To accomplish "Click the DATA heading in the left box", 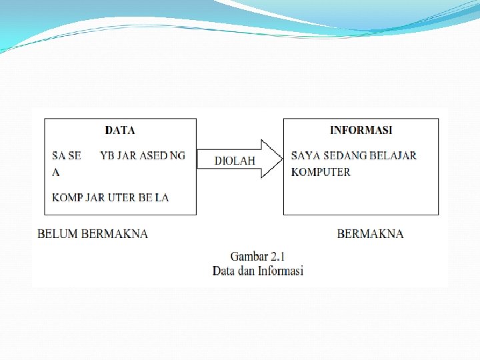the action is (x=120, y=131).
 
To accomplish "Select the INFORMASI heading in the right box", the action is (x=361, y=130).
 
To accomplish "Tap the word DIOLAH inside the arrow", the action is (x=235, y=161).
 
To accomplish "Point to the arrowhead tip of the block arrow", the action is (x=282, y=159).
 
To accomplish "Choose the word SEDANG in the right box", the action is (x=343, y=155).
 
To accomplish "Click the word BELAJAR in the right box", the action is (x=393, y=155).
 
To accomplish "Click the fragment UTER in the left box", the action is (x=122, y=197).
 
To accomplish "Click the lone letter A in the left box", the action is (x=56, y=172).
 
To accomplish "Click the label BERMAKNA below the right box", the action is (x=370, y=234).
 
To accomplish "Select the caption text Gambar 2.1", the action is (x=258, y=256).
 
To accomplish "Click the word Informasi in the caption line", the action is (x=281, y=271).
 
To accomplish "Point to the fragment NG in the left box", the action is (x=177, y=155).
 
